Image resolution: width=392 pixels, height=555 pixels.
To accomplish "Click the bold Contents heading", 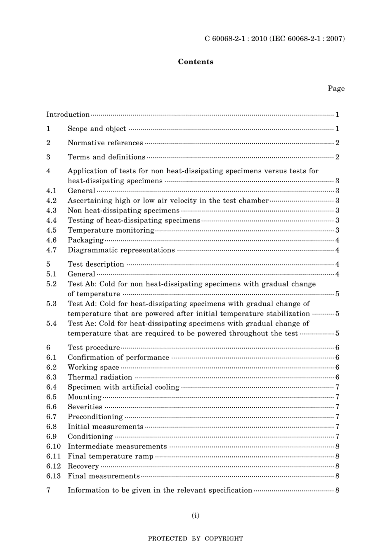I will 196,62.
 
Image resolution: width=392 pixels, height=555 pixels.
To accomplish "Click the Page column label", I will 336,88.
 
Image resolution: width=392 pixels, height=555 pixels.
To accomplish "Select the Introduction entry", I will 68,115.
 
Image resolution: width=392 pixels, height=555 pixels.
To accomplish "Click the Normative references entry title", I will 105,143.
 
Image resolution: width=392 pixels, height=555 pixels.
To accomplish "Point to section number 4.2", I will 51,201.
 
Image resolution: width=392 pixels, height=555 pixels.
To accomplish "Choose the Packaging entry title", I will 86,240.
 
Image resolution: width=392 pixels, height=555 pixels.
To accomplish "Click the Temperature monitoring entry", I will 111,230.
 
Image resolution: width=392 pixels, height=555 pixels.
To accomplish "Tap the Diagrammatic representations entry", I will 121,250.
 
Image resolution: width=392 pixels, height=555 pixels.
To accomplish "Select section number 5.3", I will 51,304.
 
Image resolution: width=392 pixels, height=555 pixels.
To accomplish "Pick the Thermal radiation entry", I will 100,377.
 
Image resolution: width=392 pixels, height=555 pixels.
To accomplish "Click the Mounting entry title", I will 85,397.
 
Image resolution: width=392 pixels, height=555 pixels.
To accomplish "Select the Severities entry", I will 85,407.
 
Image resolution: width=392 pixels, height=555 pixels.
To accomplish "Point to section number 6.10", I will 53,446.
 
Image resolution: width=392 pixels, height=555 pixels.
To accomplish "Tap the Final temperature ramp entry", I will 111,456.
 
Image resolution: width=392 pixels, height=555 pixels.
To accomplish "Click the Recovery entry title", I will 83,466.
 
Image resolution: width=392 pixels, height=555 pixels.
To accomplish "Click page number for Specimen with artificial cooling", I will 337,387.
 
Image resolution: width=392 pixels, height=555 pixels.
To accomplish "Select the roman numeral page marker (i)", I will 196,515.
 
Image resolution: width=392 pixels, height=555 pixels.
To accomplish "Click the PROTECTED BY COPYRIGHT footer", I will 196,538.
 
